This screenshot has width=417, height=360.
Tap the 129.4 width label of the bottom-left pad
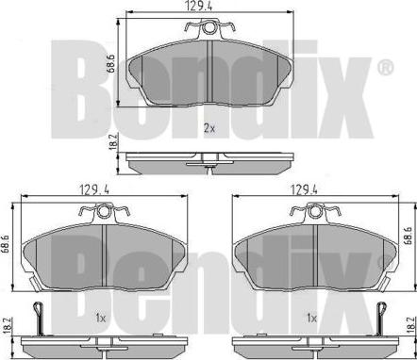[x=94, y=189]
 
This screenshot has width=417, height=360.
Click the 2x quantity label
[x=209, y=127]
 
